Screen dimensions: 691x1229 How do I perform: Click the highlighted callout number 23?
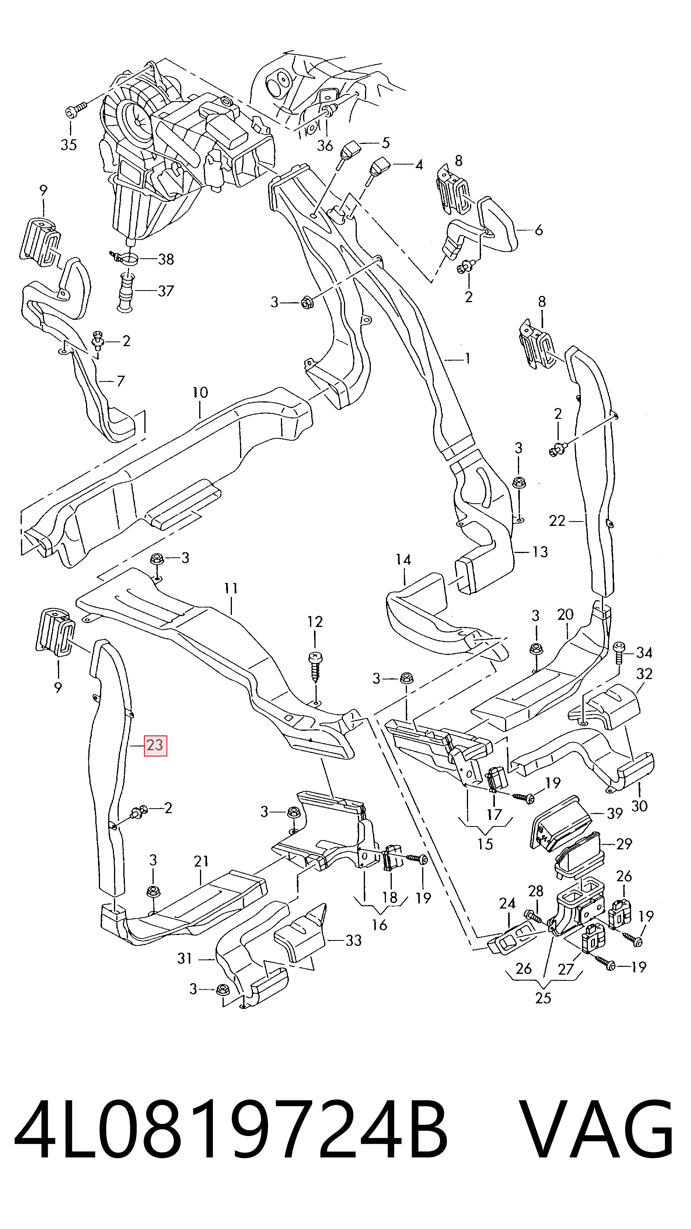(x=156, y=744)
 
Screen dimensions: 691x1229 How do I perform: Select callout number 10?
(x=200, y=393)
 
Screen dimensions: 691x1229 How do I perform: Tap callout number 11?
(x=231, y=588)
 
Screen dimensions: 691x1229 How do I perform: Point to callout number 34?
(x=644, y=652)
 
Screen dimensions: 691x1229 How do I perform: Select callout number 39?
(x=615, y=813)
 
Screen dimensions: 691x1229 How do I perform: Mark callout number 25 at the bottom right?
(x=543, y=998)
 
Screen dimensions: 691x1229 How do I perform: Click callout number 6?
(x=539, y=230)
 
